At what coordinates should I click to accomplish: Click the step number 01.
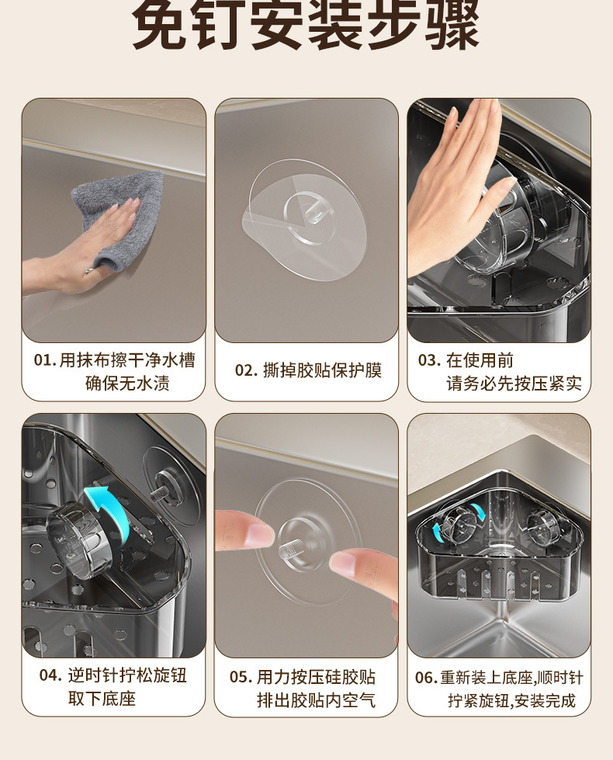(45, 361)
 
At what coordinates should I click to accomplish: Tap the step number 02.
(246, 371)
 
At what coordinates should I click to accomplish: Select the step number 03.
(429, 361)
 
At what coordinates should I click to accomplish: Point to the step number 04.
(51, 675)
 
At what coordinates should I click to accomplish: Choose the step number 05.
(241, 677)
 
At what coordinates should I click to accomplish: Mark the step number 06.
(426, 678)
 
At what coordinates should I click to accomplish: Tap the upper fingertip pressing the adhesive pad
(244, 529)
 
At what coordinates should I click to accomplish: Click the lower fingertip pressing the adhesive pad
(361, 564)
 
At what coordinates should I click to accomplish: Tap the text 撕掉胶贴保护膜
(322, 371)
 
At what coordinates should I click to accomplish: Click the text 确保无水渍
(127, 383)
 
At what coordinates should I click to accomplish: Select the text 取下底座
(102, 699)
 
